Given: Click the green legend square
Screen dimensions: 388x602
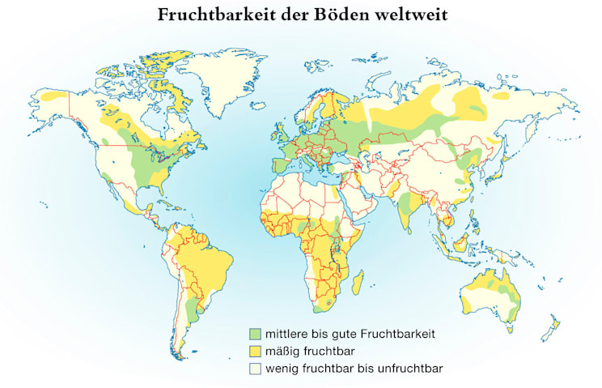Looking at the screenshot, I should click(256, 333).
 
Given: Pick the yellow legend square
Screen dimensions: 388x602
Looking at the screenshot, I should click(256, 350).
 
